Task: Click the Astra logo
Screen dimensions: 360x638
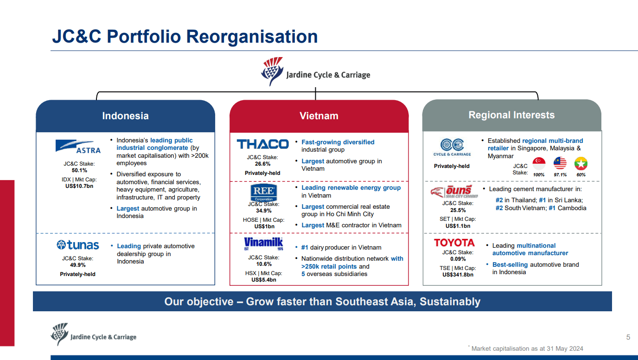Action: coord(78,147)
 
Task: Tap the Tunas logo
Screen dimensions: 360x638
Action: coord(78,245)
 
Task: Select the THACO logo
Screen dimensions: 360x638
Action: coord(262,144)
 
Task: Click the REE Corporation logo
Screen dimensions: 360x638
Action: coord(263,192)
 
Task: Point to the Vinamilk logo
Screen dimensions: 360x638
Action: coord(263,244)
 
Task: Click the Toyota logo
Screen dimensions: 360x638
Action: coord(454,243)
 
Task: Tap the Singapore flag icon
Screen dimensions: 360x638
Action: coord(539,163)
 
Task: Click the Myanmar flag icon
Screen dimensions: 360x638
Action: coord(581,163)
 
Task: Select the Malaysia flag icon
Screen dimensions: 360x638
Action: coord(560,163)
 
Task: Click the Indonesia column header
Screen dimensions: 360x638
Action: coord(125,116)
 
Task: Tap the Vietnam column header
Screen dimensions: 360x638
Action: coord(319,116)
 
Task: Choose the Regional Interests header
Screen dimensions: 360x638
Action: coord(511,115)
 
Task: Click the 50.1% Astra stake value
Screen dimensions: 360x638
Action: coord(79,170)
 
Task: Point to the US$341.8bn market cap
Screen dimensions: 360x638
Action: coord(458,275)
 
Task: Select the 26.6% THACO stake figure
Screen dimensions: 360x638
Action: coord(262,164)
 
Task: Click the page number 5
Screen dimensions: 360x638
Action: coord(628,337)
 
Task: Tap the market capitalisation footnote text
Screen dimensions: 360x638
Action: coord(527,348)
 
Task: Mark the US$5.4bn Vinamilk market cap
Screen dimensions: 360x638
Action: coord(263,280)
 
